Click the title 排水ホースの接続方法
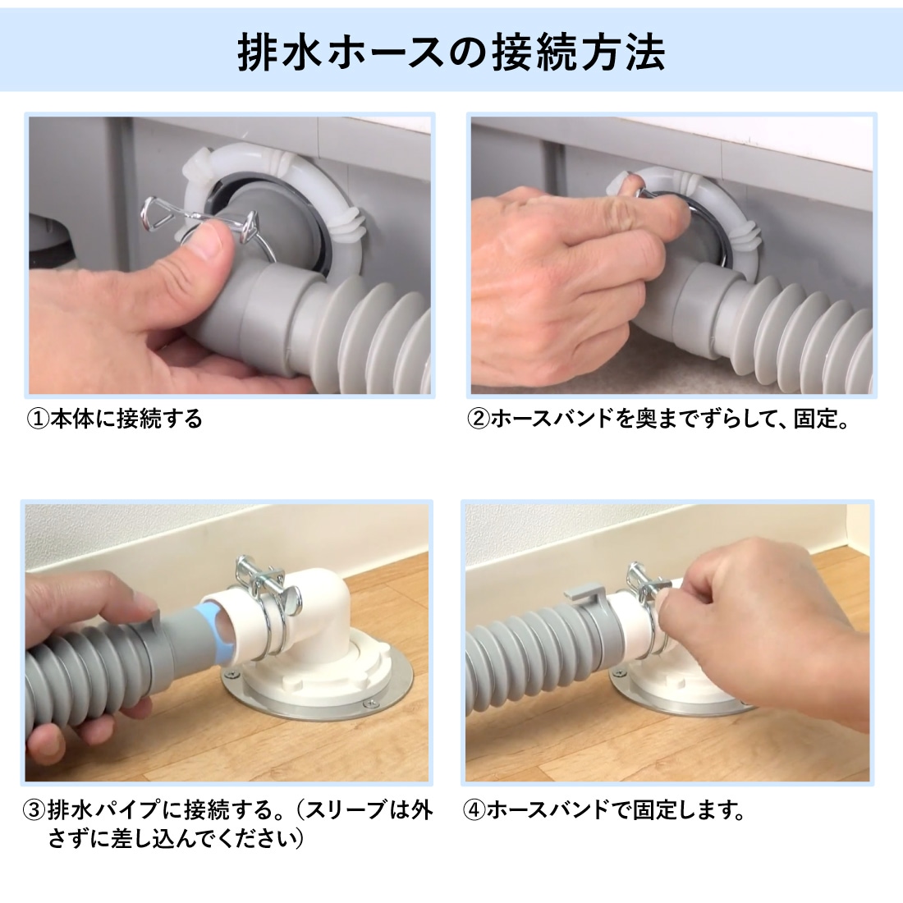coord(451,53)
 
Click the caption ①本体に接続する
coord(115,419)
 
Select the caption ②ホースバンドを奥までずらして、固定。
coord(658,419)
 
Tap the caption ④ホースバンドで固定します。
coord(603,811)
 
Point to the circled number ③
coord(34,811)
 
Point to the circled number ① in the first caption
coord(38,419)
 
